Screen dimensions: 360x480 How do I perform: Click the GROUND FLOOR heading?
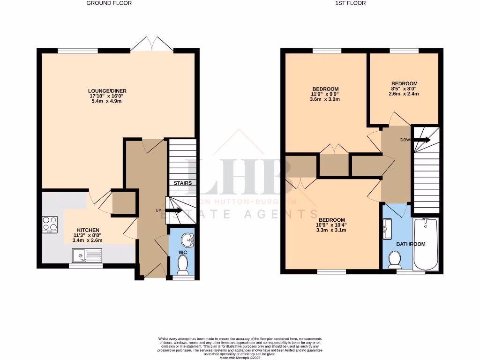point(109,3)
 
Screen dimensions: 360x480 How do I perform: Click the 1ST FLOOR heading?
point(351,3)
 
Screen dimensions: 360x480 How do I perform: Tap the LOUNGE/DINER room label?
point(107,91)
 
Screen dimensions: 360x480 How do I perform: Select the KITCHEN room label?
point(88,230)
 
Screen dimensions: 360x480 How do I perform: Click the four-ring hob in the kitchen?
point(50,224)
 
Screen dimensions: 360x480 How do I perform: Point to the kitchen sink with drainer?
point(87,255)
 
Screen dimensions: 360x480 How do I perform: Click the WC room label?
point(182,253)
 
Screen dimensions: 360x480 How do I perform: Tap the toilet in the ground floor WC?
point(182,265)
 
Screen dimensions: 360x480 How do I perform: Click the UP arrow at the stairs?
point(173,210)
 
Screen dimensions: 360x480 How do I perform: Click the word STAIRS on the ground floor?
point(182,183)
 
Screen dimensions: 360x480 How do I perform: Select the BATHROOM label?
point(411,244)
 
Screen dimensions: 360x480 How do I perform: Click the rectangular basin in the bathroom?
point(387,229)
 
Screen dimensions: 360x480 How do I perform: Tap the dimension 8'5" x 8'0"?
point(404,89)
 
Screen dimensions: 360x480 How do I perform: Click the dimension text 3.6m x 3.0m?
point(325,99)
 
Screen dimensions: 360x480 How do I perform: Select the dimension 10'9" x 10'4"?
point(331,225)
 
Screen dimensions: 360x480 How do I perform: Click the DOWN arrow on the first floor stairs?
point(421,140)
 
